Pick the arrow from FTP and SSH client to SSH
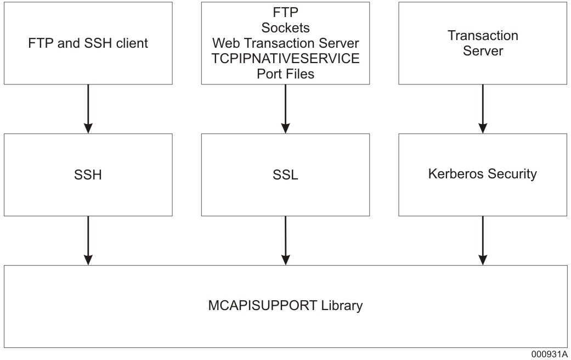88,109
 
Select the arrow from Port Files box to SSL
285,109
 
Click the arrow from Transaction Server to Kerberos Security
483,109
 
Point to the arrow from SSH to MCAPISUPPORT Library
88,240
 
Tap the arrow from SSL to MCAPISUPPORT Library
285,240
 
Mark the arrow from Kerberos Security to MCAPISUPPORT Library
483,240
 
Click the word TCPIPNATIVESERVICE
285,59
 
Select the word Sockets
285,28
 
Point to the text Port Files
285,74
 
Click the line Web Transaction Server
285,43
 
